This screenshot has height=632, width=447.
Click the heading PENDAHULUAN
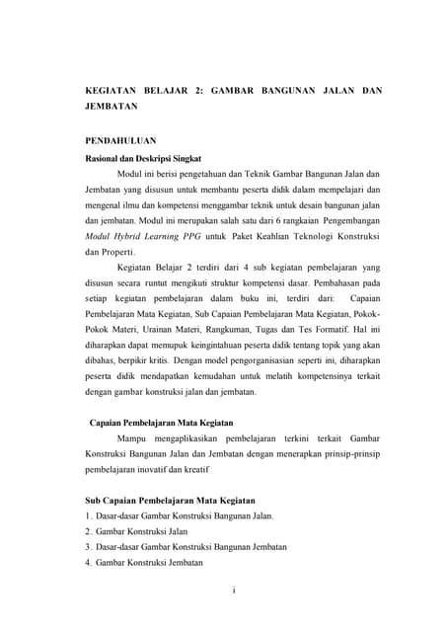point(120,141)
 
